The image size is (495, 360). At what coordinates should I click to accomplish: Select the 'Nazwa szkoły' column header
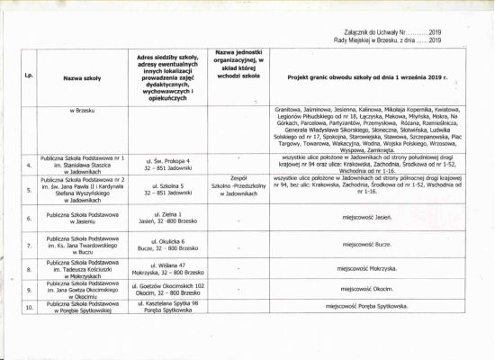tap(83, 78)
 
